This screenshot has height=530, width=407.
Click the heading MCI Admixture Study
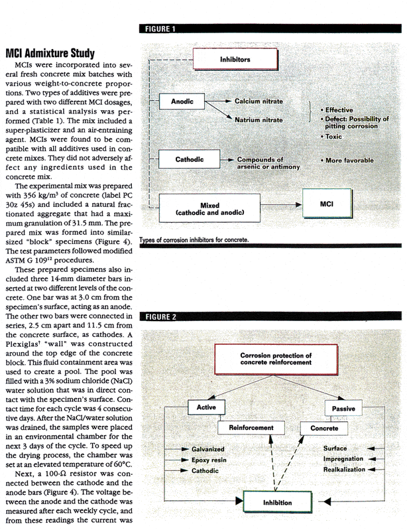[50, 52]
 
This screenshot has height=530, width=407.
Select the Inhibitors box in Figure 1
[235, 60]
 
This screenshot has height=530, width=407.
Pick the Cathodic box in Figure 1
[189, 160]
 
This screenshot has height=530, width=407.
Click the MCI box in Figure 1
[326, 204]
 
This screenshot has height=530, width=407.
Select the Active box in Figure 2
[202, 406]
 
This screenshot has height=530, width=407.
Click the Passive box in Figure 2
[341, 406]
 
